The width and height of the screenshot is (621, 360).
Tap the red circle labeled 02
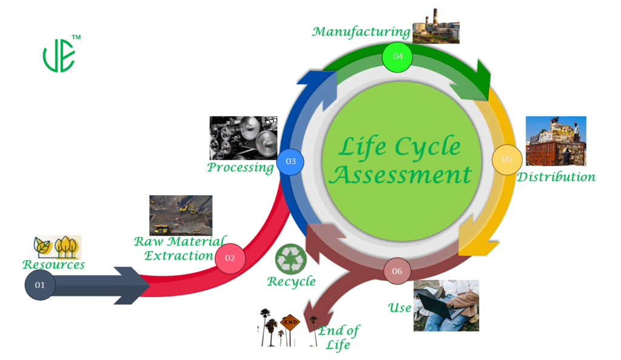click(230, 258)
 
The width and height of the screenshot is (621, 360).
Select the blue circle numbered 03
click(290, 161)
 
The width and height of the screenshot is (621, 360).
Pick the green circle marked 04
click(398, 56)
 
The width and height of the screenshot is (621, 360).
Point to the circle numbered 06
click(397, 271)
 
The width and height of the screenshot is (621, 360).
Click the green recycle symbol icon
click(291, 259)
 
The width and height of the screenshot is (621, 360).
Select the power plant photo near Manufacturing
click(435, 27)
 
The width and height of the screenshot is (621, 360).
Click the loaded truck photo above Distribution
click(556, 141)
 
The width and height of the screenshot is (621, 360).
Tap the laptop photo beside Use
click(446, 305)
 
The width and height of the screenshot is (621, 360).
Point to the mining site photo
click(181, 215)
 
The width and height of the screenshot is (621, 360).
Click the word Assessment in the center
click(403, 175)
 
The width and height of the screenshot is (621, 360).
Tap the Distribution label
click(556, 177)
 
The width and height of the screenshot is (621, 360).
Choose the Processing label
click(240, 167)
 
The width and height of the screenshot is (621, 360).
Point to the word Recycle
click(291, 281)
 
